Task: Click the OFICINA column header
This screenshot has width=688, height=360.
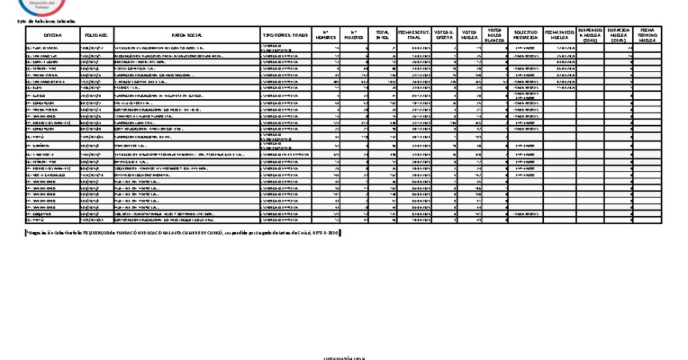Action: [x=53, y=36]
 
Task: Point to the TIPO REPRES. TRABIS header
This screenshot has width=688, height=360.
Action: [x=285, y=36]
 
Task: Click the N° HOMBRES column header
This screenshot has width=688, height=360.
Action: [x=326, y=36]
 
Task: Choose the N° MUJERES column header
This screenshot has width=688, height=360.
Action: [x=354, y=36]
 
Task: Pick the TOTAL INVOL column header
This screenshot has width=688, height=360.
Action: [x=383, y=36]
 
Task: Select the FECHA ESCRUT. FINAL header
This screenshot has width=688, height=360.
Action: [x=414, y=36]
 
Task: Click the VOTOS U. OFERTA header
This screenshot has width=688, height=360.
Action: [x=443, y=36]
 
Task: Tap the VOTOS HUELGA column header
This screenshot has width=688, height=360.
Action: [x=469, y=36]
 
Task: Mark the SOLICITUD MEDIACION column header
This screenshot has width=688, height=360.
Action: [x=525, y=36]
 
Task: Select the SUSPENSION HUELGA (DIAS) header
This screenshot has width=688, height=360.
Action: [x=590, y=36]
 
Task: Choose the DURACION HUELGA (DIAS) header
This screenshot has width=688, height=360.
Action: [x=618, y=36]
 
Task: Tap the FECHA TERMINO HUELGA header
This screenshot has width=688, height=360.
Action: [x=647, y=36]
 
